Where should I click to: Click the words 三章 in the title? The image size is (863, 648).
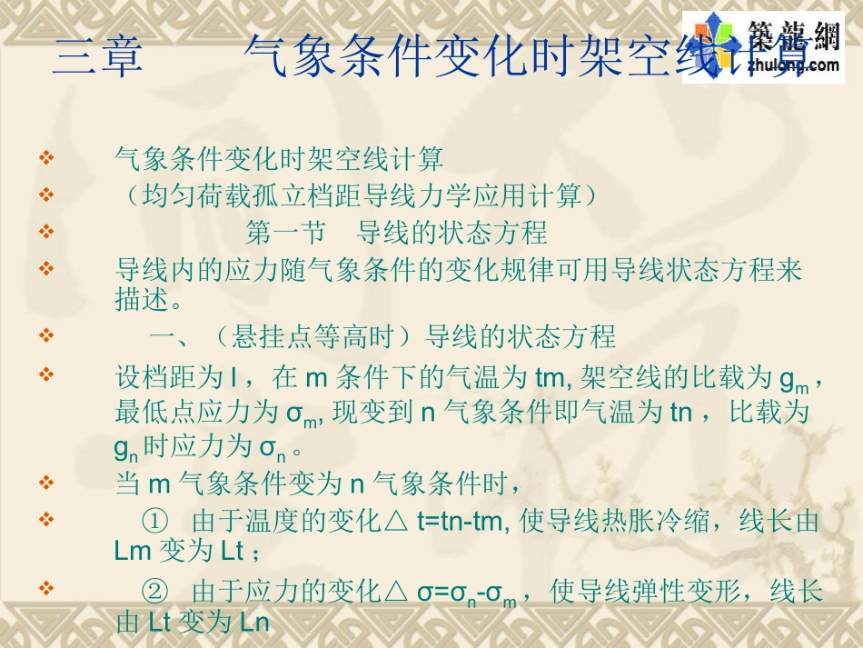98,57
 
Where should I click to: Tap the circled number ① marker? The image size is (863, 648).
155,522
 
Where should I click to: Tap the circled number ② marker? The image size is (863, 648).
155,593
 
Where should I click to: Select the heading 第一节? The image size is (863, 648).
285,233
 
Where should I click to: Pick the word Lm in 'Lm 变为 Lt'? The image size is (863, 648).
134,551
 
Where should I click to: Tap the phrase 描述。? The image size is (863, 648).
150,298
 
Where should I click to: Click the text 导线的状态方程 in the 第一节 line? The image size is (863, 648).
452,233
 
